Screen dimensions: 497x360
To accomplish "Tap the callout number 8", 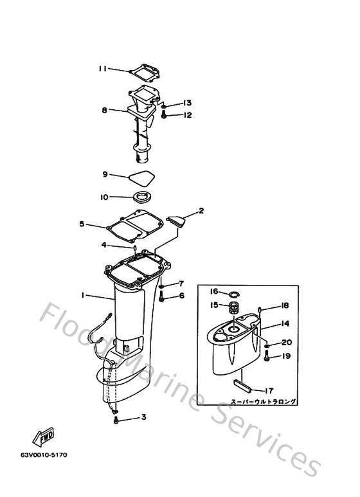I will (104, 110).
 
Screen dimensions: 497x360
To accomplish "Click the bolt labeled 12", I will (165, 116).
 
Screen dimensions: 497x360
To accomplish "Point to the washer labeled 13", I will (165, 104).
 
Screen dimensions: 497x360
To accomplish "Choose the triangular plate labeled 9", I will (142, 174).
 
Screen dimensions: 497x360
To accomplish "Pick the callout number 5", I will (82, 224).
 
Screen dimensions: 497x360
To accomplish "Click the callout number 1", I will (83, 295).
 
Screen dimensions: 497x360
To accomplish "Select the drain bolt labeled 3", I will (116, 419).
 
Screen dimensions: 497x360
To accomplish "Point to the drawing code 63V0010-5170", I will (44, 455).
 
